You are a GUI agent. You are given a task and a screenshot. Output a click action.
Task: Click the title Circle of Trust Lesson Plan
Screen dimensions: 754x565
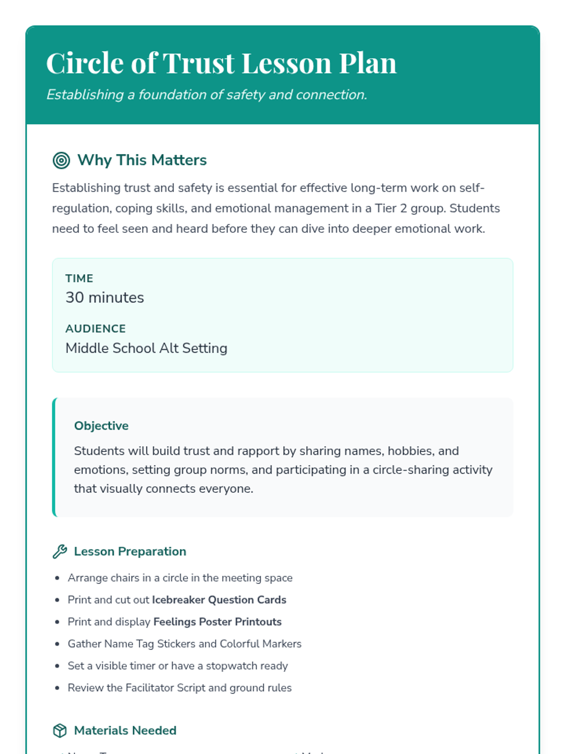click(221, 63)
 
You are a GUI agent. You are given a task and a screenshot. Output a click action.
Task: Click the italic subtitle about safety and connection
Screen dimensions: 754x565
click(206, 95)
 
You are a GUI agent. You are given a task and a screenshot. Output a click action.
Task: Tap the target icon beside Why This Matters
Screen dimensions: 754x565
click(61, 160)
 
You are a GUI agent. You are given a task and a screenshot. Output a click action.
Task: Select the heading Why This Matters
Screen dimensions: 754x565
click(142, 160)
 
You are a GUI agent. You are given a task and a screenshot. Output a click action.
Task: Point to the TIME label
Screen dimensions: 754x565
click(79, 279)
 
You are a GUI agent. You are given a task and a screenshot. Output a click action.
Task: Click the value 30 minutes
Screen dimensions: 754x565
click(105, 298)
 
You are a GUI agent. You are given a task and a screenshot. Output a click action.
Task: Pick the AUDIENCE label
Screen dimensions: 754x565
click(96, 328)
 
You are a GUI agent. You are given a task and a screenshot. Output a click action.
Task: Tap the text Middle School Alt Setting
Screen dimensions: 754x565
click(146, 348)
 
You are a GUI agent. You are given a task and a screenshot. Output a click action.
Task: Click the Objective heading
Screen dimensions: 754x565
click(101, 426)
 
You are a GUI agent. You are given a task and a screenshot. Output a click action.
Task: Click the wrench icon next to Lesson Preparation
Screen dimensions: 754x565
click(60, 551)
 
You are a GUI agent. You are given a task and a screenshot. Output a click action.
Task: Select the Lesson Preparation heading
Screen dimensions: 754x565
click(130, 551)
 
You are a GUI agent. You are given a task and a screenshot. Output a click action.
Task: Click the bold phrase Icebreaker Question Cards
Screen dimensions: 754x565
click(219, 600)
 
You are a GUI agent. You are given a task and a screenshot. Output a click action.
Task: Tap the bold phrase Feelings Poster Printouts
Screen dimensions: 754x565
click(218, 622)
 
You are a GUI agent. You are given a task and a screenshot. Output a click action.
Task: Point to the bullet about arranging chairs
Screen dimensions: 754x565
click(180, 578)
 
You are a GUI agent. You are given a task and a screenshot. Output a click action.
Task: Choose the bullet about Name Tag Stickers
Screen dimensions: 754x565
click(185, 644)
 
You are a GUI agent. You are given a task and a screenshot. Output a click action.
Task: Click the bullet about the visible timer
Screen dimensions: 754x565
click(178, 666)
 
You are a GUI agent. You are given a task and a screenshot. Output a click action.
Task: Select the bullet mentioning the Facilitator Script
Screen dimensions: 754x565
click(179, 688)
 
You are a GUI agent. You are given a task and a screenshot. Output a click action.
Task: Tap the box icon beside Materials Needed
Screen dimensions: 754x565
click(60, 730)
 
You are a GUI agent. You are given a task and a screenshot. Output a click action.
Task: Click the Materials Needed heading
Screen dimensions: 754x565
click(125, 730)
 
